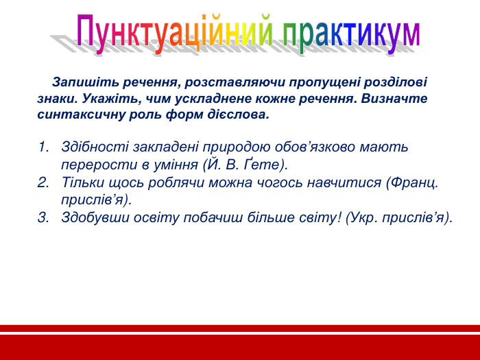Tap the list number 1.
43,147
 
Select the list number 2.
43,182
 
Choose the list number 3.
43,218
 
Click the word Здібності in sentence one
91,147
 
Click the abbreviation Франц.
416,182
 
